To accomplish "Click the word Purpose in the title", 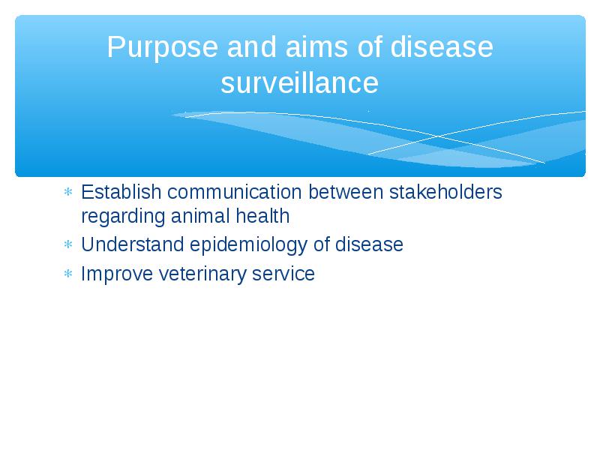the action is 163,48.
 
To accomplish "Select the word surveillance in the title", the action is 299,82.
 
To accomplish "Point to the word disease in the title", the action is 442,46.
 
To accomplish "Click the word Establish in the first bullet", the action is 121,192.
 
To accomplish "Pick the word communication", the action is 235,192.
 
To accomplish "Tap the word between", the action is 346,192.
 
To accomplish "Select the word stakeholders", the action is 445,192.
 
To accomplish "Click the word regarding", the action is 123,217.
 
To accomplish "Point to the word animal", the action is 200,216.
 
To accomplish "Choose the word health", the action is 262,216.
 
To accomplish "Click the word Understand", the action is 133,244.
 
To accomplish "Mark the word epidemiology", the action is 249,245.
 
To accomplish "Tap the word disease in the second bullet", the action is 369,244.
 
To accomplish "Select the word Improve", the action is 117,274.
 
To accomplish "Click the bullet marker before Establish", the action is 68,192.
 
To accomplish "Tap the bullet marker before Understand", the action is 68,244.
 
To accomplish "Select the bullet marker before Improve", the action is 68,274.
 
